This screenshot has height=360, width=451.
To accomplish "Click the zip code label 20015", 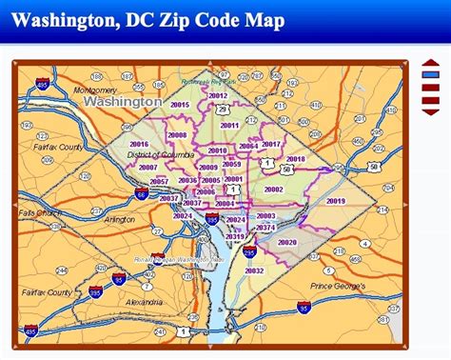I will tap(180, 105).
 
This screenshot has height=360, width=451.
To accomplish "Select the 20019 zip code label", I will tap(335, 201).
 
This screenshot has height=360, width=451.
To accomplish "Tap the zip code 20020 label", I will tap(287, 242).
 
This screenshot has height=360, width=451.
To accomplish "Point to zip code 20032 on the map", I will tap(254, 270).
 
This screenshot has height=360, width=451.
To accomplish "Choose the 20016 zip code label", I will tap(139, 144).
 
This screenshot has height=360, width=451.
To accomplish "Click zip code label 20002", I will tap(274, 190).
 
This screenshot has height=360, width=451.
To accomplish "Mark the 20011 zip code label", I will tap(229, 125).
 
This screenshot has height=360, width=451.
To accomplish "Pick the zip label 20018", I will tap(296, 159).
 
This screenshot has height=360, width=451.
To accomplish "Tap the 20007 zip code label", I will tap(147, 167).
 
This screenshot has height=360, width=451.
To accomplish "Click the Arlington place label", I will tap(119, 219).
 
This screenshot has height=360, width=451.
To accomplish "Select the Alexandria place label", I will tap(143, 301).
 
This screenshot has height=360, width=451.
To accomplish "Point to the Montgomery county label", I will tap(93, 90).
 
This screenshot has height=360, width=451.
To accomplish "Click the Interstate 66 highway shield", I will tap(141, 194).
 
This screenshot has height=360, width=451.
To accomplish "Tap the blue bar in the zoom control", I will tap(429, 74).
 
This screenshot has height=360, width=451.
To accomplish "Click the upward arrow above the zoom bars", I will tap(429, 64).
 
